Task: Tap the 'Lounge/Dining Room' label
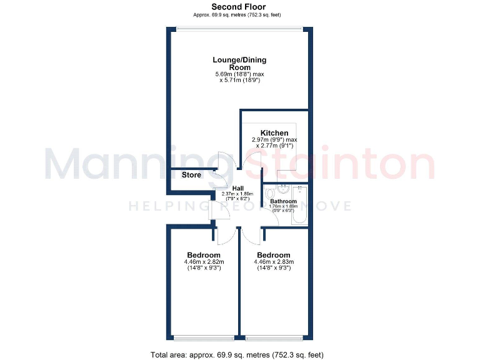point(239,63)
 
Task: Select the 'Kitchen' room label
point(274,132)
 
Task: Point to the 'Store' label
point(191,175)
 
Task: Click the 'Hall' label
point(237,188)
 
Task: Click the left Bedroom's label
point(204,255)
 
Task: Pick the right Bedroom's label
point(274,255)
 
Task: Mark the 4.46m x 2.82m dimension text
point(204,262)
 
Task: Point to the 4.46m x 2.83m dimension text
point(274,262)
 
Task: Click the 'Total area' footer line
point(237,354)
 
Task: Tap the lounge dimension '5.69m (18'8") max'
point(239,74)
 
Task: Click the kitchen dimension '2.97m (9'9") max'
point(274,140)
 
